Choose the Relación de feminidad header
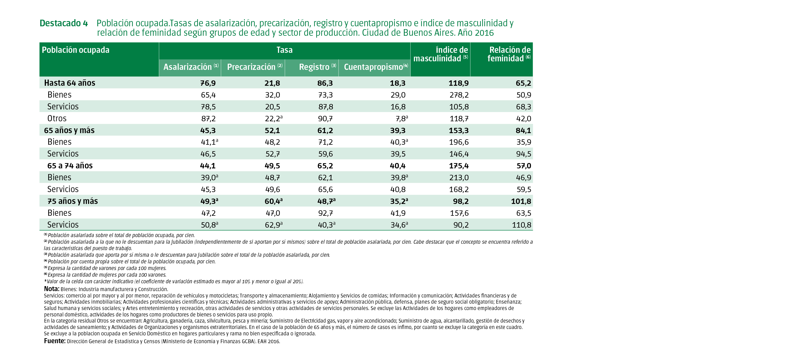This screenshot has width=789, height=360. [x=509, y=54]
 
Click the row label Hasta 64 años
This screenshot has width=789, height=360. [x=70, y=83]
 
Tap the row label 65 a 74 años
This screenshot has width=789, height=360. [x=70, y=166]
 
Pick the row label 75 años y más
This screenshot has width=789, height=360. [x=73, y=201]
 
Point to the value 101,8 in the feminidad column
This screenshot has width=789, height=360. [x=521, y=201]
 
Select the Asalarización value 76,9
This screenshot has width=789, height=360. [x=208, y=83]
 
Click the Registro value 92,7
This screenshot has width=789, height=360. [x=325, y=213]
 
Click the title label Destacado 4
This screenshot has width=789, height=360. [x=64, y=23]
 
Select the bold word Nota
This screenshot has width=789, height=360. [x=51, y=289]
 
